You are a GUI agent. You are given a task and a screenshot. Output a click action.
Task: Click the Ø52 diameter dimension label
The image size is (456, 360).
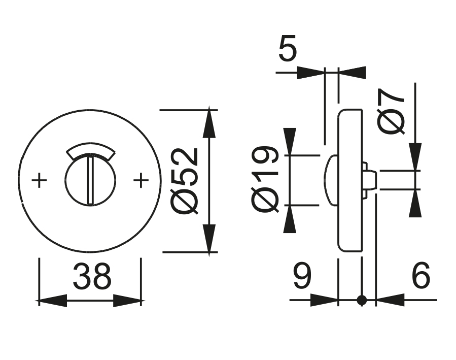185,181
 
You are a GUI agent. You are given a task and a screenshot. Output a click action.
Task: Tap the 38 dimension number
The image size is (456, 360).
92,276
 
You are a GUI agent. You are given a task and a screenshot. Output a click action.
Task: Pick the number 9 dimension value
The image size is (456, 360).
302,275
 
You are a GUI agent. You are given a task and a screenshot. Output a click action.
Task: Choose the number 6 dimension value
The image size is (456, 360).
420,275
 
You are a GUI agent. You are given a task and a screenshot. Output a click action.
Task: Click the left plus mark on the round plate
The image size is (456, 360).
39,181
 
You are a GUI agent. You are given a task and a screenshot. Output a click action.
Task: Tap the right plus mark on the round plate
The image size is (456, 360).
141,181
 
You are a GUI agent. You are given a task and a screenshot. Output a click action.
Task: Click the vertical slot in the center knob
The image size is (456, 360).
90,180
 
